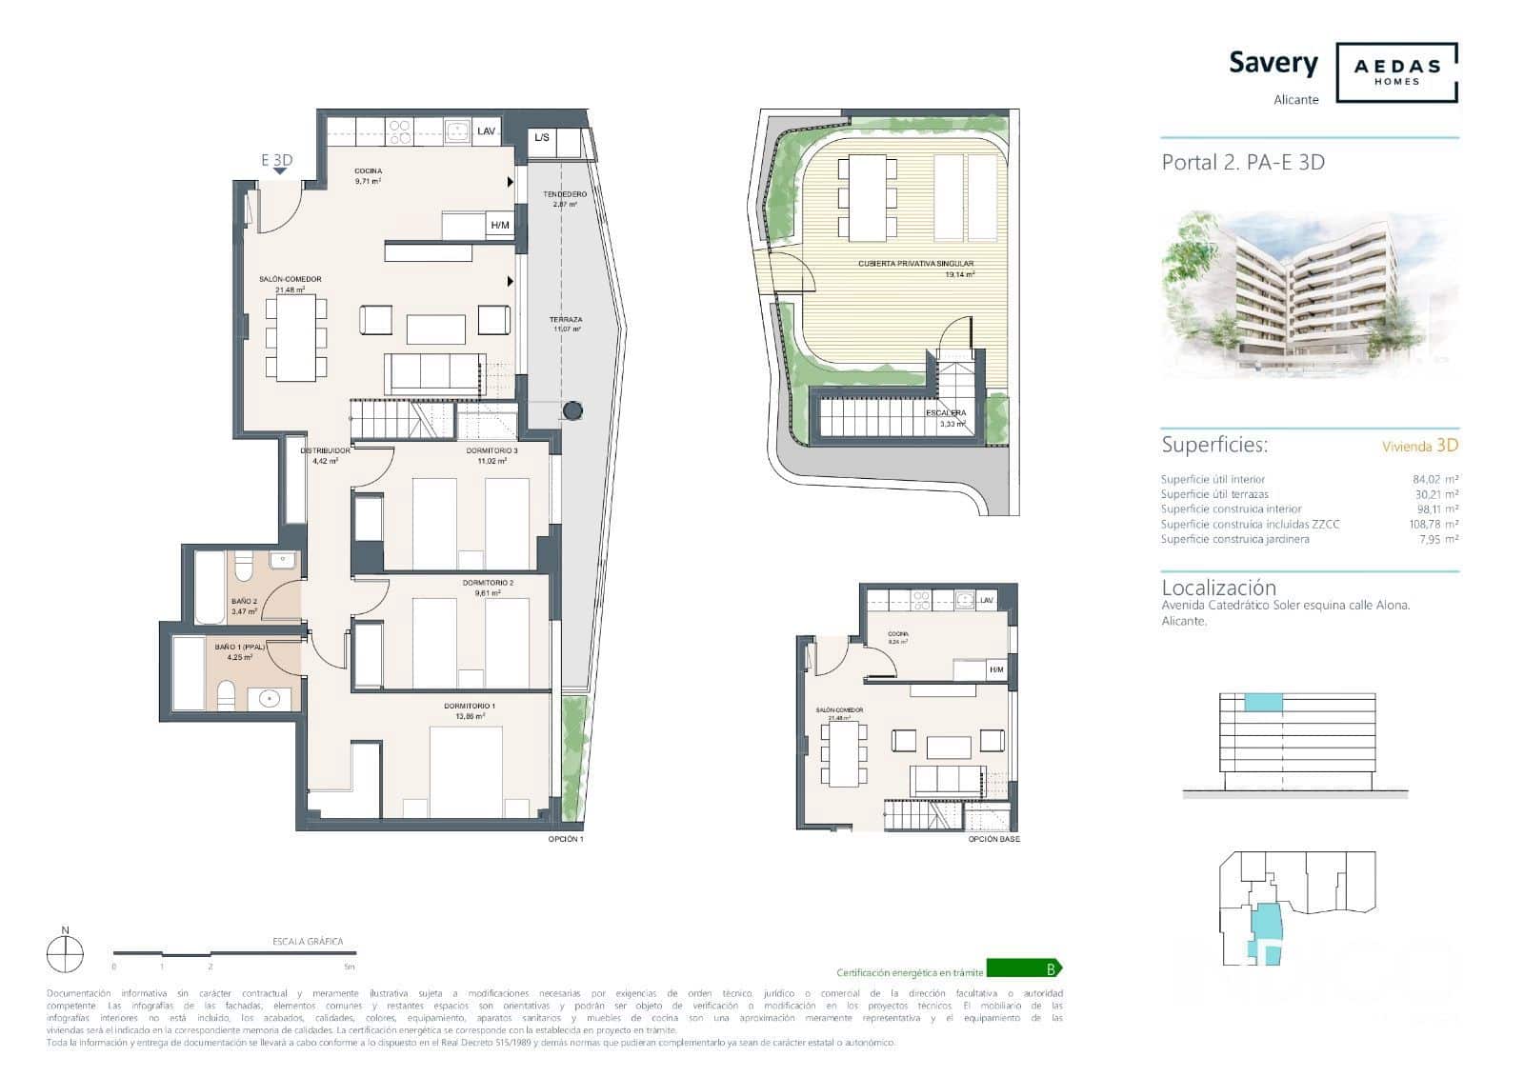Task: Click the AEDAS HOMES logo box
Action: point(1396,72)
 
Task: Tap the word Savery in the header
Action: point(1273,63)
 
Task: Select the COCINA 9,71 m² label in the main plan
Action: point(368,175)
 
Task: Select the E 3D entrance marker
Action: point(277,161)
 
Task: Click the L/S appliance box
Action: point(542,138)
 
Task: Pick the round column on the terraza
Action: point(571,410)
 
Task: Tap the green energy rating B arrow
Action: point(1024,969)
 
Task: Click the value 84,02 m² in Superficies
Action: point(1434,479)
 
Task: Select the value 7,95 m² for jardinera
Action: point(1436,539)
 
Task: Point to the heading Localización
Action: point(1218,588)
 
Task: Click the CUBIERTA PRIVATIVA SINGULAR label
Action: point(915,265)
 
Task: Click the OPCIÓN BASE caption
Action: point(993,839)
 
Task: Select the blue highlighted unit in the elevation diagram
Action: point(1263,703)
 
